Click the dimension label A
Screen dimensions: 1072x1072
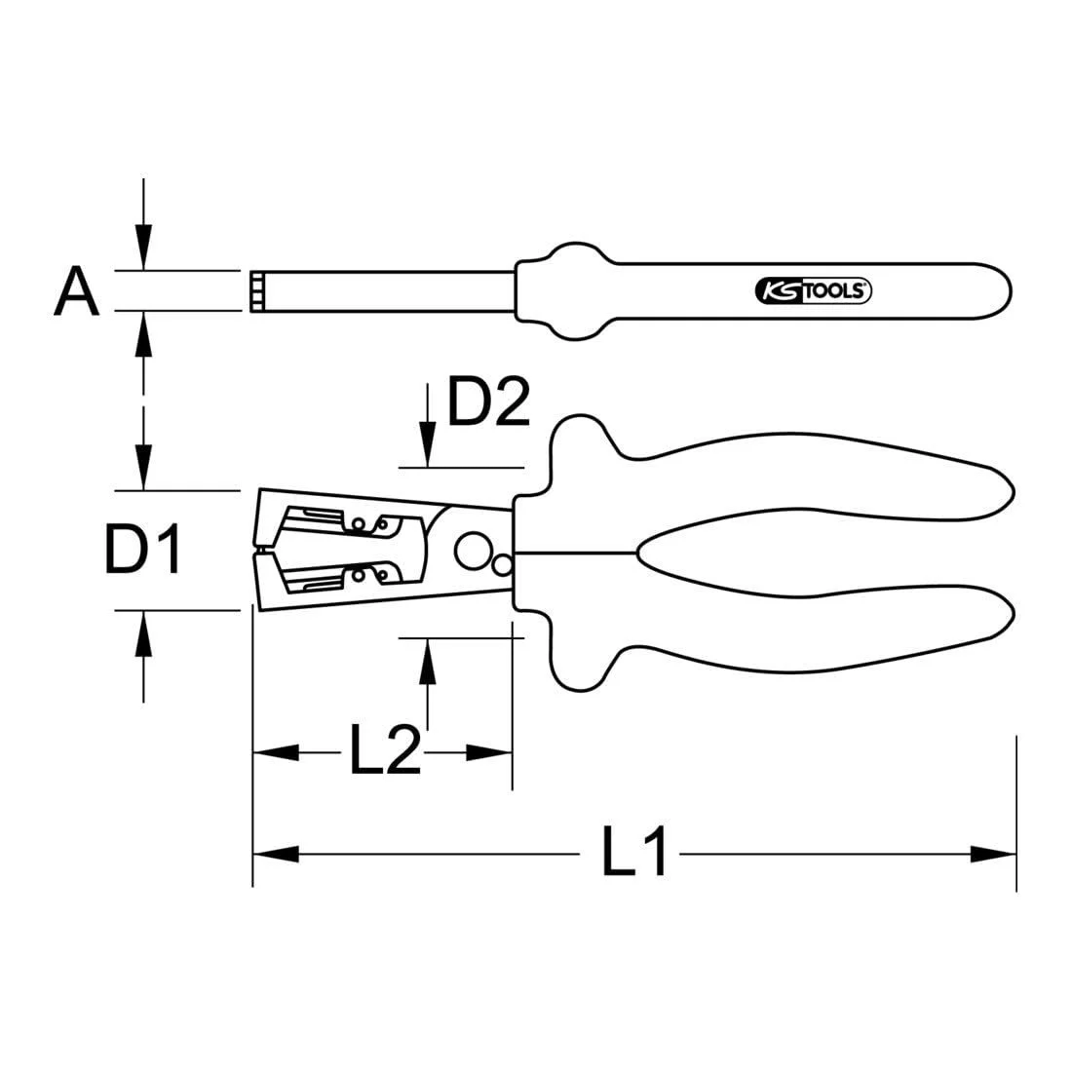(76, 291)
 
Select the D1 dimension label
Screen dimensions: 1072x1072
(143, 550)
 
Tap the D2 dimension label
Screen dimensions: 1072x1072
(487, 402)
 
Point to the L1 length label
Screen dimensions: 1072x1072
(633, 854)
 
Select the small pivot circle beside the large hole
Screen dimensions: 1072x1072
(503, 565)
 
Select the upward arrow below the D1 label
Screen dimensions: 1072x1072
(144, 633)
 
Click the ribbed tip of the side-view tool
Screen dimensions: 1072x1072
(256, 291)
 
